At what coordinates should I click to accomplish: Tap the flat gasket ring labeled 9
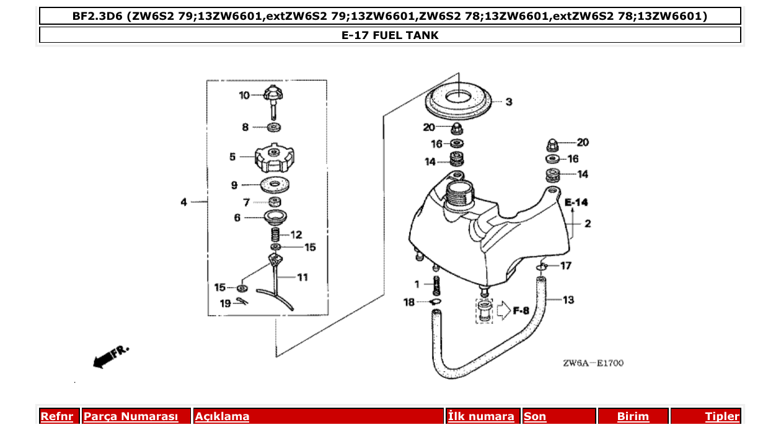point(273,185)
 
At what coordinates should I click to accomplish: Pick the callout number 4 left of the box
point(183,202)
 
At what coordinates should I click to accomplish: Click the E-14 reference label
point(576,202)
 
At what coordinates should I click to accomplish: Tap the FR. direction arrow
point(109,357)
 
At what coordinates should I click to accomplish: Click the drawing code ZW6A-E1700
point(593,363)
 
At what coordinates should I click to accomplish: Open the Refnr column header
point(56,416)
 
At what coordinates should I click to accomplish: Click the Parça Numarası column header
point(130,416)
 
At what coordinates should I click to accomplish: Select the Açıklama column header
point(222,416)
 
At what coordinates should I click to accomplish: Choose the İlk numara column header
point(481,416)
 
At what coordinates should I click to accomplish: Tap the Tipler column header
point(721,416)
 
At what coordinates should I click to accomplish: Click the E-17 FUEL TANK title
point(390,35)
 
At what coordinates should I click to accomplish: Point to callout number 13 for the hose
point(568,300)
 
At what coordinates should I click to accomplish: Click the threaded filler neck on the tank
point(460,193)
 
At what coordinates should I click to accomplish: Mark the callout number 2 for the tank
point(587,224)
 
